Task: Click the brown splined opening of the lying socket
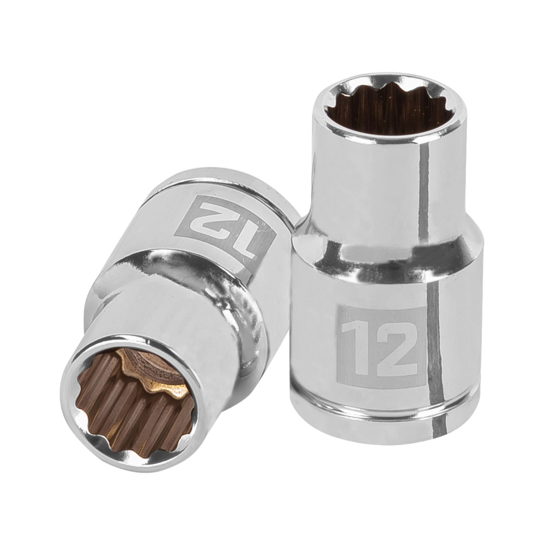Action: tap(128, 401)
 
